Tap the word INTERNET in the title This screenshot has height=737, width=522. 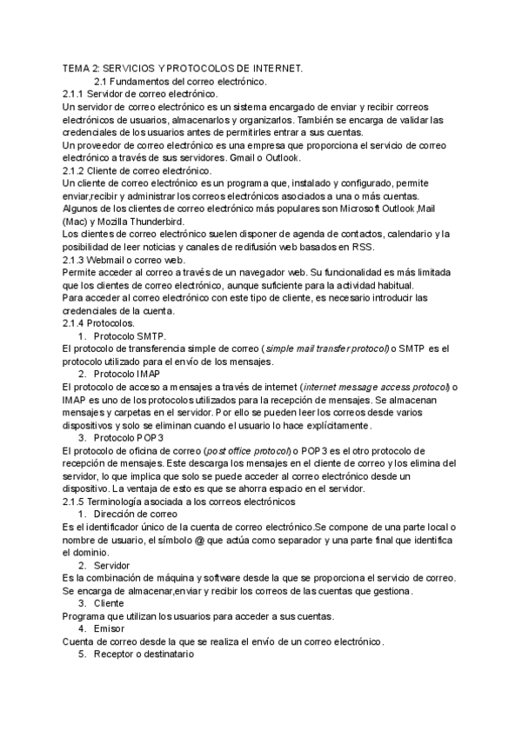272,69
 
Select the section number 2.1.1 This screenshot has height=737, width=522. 77,93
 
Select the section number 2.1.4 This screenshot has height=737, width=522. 77,322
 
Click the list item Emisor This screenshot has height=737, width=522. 111,628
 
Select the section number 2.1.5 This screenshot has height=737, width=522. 77,501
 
